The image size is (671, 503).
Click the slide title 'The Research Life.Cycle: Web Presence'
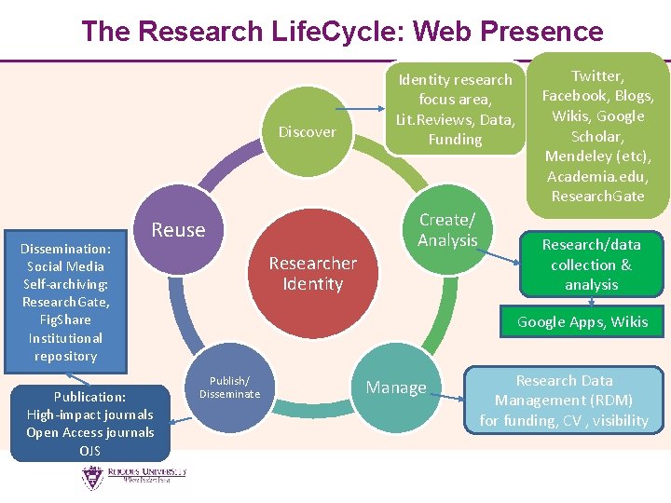[342, 31]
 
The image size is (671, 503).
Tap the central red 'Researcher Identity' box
[313, 273]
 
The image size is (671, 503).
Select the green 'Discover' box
[308, 131]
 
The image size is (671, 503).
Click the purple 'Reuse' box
[178, 230]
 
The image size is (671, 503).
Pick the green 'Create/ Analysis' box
[447, 230]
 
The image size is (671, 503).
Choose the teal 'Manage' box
[396, 387]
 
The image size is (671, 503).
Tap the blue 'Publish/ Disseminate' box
[229, 387]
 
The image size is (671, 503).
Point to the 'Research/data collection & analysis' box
[592, 264]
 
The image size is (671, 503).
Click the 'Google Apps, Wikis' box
[582, 322]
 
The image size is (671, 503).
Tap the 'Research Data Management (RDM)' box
[565, 401]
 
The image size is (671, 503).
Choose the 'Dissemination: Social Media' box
[65, 302]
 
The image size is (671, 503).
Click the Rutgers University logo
[132, 478]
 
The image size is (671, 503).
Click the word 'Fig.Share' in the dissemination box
[65, 319]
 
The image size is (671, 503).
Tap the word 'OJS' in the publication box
[90, 452]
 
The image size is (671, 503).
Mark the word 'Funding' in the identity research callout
[455, 140]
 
